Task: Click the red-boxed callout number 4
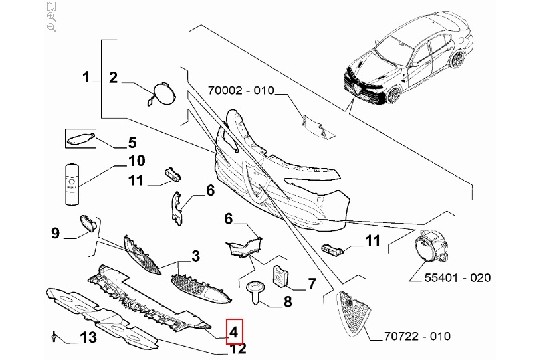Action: click(234, 332)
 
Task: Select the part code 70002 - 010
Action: click(241, 91)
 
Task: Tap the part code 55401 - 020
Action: click(457, 277)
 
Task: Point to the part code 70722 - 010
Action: click(417, 336)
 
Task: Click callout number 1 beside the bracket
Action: click(86, 76)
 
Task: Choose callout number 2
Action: click(113, 78)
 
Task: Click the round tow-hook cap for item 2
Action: click(162, 93)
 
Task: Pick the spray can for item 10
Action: click(72, 184)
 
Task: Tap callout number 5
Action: click(132, 142)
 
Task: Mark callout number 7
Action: click(311, 284)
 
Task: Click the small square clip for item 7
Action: click(281, 275)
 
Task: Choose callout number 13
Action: click(88, 337)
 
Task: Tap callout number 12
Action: click(238, 348)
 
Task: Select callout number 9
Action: click(55, 233)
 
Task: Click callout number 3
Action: click(195, 256)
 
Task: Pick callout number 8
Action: click(287, 302)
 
